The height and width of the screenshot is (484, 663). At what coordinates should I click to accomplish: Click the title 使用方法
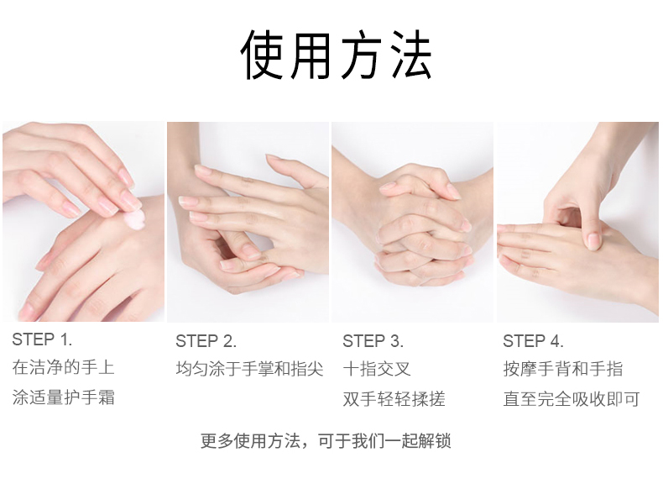(337, 55)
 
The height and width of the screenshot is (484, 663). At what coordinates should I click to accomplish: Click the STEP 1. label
(42, 339)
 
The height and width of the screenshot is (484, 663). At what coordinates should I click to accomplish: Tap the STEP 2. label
(206, 341)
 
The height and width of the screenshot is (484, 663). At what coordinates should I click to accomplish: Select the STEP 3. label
(373, 341)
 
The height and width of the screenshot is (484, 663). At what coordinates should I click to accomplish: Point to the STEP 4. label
(533, 341)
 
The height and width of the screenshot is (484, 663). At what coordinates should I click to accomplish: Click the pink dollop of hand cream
(135, 219)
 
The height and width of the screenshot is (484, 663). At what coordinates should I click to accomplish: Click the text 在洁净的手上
(64, 367)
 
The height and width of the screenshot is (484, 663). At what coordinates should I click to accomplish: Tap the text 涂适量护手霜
(64, 397)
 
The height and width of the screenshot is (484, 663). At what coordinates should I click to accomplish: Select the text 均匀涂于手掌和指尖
(249, 369)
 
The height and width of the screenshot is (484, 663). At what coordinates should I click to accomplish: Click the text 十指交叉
(377, 369)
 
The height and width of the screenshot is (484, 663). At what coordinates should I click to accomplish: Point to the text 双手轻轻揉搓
(394, 399)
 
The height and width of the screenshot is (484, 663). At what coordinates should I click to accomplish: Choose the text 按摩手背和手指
(563, 369)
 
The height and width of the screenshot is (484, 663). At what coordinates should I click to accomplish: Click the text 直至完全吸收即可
(572, 399)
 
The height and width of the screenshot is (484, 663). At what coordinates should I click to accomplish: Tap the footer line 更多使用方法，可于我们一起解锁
(326, 441)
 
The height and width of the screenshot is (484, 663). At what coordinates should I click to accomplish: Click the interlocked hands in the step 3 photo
(420, 227)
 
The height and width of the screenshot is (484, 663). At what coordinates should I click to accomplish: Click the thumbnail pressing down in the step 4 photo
(593, 241)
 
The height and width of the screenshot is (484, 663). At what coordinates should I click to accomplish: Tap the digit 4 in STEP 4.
(555, 341)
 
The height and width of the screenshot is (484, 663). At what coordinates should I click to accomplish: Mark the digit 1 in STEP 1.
(65, 339)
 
